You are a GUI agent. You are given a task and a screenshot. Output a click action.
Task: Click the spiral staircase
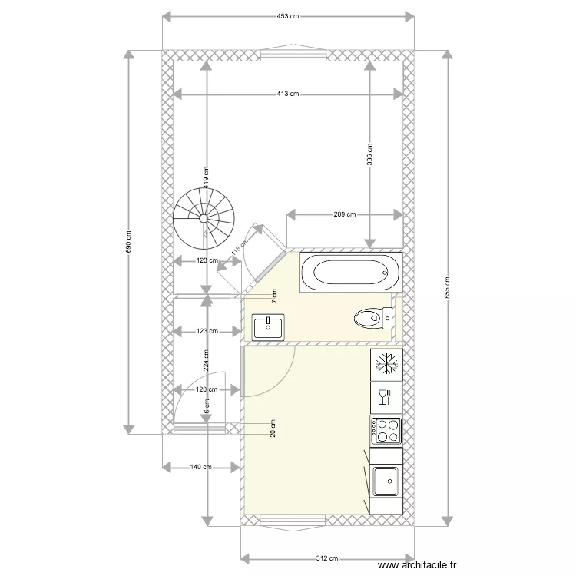click(204, 218)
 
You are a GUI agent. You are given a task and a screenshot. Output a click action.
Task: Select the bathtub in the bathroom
click(349, 272)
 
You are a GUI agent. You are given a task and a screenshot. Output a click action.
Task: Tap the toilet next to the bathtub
click(371, 316)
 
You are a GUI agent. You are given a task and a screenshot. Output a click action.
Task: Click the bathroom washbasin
click(269, 326)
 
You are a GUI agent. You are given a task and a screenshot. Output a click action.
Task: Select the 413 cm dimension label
click(287, 94)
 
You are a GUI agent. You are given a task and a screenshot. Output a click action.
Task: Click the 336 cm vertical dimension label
click(369, 156)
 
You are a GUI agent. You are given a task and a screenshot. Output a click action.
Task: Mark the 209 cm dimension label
click(345, 214)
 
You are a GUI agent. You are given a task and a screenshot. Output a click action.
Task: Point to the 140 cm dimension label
click(200, 466)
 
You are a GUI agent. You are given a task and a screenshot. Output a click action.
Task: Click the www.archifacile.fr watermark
click(418, 564)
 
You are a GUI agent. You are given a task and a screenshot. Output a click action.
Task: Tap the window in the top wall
click(293, 55)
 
